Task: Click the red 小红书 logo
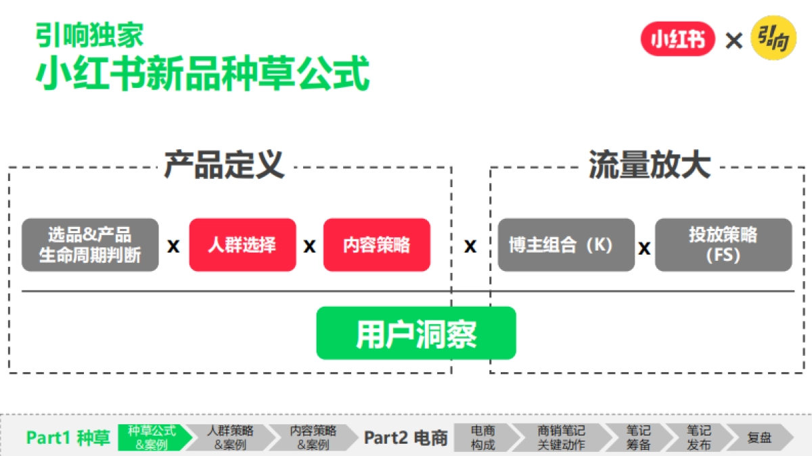(677, 40)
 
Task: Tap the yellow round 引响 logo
(773, 39)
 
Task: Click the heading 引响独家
(89, 35)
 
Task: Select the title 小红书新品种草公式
(203, 74)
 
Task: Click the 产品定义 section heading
(224, 166)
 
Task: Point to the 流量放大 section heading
(650, 166)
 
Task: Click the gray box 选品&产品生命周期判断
(90, 245)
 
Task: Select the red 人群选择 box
(242, 245)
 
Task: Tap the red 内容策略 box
(376, 245)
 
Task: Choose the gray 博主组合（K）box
(566, 245)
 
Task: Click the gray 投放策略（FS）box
(723, 245)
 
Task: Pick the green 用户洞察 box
(416, 334)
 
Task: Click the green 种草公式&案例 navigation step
(152, 438)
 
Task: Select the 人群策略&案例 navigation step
(230, 438)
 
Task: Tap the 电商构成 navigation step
(483, 438)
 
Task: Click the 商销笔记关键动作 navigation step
(561, 438)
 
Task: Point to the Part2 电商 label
(406, 438)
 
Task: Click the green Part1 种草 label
(68, 438)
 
